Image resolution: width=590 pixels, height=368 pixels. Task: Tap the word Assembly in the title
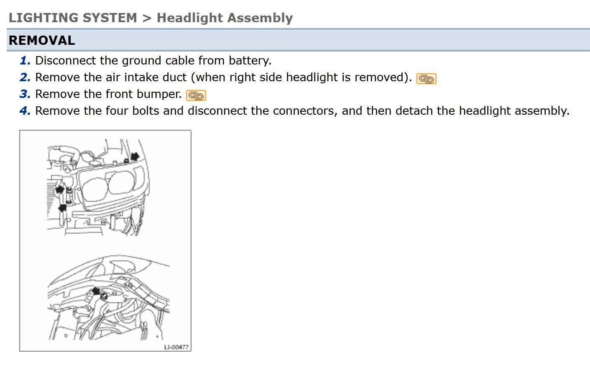[260, 18]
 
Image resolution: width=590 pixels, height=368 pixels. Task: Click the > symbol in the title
[147, 18]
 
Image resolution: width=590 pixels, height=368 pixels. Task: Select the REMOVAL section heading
[42, 40]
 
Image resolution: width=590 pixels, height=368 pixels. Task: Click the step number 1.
[25, 60]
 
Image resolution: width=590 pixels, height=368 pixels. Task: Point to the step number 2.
[25, 77]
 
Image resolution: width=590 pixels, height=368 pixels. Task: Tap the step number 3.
[25, 94]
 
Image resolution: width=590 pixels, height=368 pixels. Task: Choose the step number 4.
[25, 111]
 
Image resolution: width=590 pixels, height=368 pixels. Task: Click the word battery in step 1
[250, 61]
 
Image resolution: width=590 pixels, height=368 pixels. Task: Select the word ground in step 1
[141, 61]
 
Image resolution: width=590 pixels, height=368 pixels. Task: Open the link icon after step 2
[426, 79]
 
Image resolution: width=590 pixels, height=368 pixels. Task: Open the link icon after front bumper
[196, 95]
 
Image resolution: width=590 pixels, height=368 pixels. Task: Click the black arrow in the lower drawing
[96, 291]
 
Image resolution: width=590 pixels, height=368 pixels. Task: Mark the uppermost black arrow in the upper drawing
[135, 157]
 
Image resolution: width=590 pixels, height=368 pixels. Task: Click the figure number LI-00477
[176, 347]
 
